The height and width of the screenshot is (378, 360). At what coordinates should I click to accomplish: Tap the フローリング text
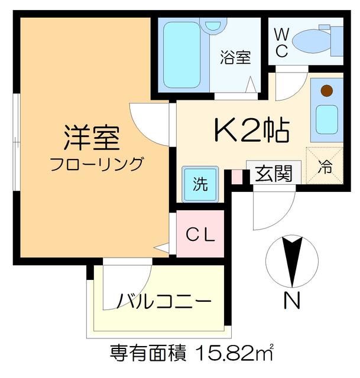pyautogui.click(x=96, y=164)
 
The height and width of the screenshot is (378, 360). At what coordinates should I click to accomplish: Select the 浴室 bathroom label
pyautogui.click(x=235, y=57)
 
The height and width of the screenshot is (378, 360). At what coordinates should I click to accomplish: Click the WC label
pyautogui.click(x=281, y=43)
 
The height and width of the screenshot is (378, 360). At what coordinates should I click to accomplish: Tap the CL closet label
pyautogui.click(x=201, y=234)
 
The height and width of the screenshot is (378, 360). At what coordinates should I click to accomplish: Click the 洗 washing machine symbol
pyautogui.click(x=201, y=183)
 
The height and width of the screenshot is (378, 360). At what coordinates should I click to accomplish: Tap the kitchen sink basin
pyautogui.click(x=326, y=120)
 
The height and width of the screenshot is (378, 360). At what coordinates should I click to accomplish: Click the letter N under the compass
pyautogui.click(x=291, y=302)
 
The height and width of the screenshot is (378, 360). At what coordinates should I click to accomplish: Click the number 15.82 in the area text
pyautogui.click(x=226, y=354)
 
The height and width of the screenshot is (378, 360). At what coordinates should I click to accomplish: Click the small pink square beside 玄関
pyautogui.click(x=236, y=175)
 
